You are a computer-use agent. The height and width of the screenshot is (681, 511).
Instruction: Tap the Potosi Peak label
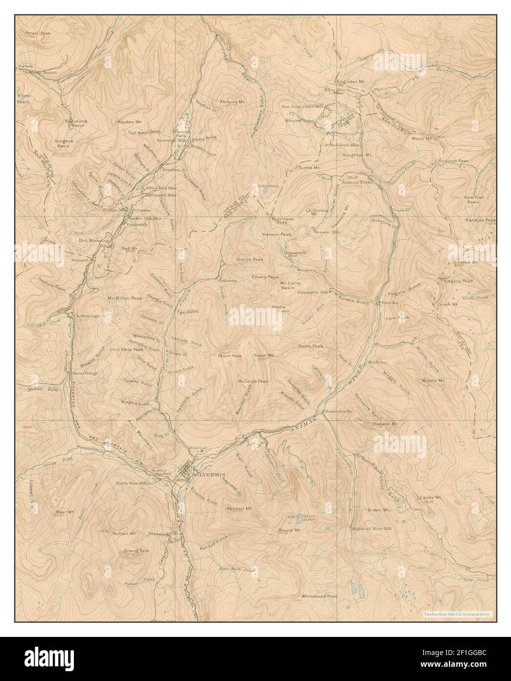tap(39, 33)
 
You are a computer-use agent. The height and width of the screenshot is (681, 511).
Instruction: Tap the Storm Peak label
tap(230, 356)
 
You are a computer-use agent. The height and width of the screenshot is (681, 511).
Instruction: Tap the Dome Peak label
tap(310, 346)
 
